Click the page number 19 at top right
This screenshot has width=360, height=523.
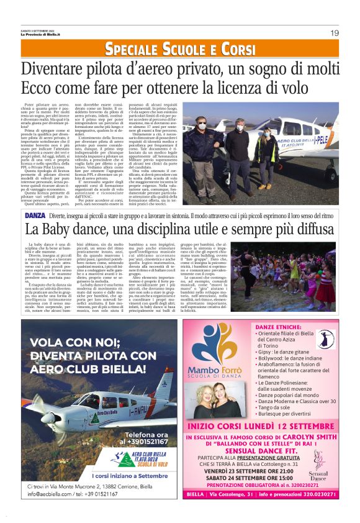pos(334,33)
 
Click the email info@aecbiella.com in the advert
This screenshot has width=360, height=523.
pos(56,494)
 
